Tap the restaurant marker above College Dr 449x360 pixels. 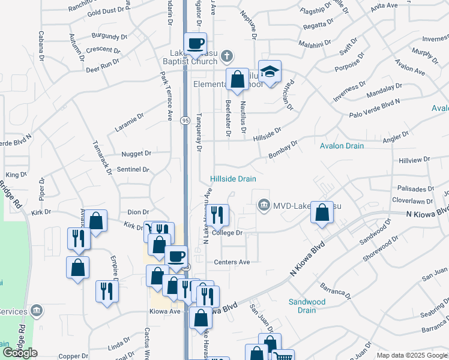coord(218,214)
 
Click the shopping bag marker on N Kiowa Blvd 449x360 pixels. coord(322,212)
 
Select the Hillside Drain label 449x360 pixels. coord(233,179)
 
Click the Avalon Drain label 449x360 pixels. coord(342,146)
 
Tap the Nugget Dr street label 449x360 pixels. coord(136,154)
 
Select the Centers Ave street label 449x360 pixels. coord(232,262)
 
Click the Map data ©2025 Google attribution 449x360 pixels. coord(412,355)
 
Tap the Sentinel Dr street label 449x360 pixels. coord(133,170)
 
